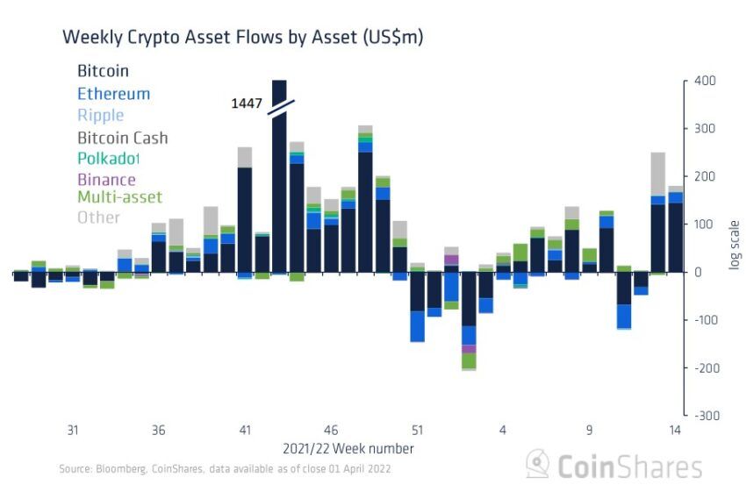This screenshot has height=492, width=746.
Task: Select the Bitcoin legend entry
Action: tap(103, 71)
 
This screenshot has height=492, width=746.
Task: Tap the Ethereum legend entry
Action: tap(113, 94)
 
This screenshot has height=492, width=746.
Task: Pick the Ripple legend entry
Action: tap(100, 116)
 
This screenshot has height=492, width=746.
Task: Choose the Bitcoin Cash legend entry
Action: tap(122, 138)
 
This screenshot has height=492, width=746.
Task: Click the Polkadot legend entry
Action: tap(108, 159)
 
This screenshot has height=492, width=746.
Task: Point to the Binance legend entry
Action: tap(106, 180)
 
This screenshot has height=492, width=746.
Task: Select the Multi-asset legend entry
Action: tap(119, 197)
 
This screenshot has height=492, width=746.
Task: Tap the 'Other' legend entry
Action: tap(98, 217)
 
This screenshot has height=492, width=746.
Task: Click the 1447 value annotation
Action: tap(247, 103)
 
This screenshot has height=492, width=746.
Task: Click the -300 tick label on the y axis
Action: tap(703, 415)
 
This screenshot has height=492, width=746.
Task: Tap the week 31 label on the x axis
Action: tap(73, 431)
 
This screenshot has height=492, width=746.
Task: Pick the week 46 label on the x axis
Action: tap(331, 431)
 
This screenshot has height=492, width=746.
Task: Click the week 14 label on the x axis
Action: tap(675, 431)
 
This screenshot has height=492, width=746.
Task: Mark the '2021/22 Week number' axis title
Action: tap(348, 448)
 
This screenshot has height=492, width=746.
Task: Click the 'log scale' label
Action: tap(735, 244)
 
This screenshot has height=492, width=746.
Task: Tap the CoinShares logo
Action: tap(613, 466)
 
